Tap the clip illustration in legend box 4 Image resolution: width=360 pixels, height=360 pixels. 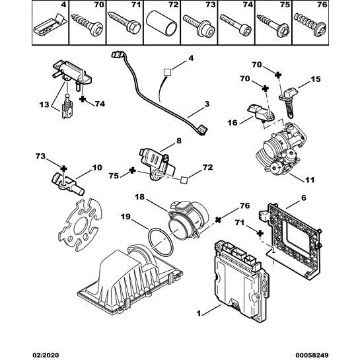50,25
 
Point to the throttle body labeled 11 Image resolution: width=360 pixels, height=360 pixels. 281,150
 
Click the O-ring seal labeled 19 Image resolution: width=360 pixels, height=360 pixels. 161,242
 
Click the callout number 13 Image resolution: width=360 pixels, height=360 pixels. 44,104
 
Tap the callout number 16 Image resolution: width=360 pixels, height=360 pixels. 233,123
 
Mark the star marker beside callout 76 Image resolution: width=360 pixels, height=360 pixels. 218,220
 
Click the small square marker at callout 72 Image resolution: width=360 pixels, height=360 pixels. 184,180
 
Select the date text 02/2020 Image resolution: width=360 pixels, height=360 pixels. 46,355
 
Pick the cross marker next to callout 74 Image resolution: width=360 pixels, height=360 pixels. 83,99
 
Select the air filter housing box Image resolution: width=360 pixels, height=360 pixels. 130,280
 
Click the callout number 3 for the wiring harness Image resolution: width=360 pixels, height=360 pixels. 207,104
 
